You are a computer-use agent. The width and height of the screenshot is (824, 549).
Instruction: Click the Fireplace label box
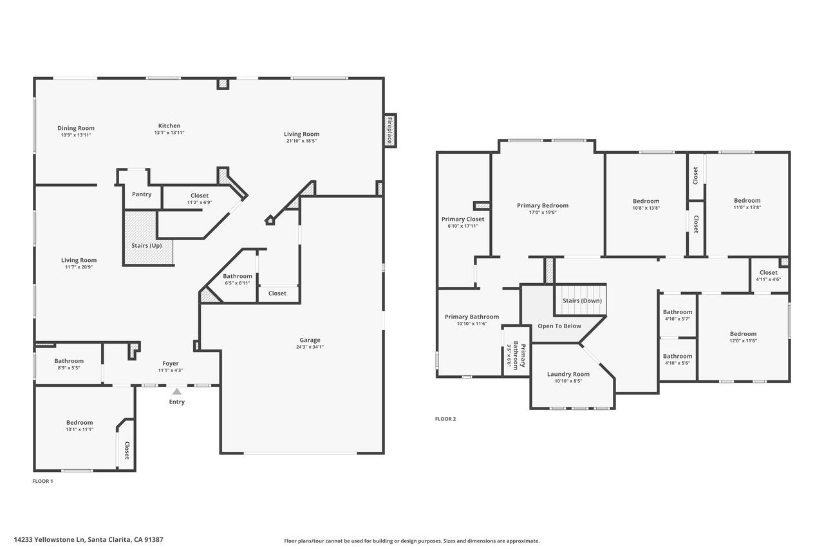[389, 130]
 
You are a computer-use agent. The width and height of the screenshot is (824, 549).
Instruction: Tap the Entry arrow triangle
[177, 391]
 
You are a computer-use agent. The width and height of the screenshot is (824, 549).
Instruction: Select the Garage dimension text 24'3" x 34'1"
[310, 347]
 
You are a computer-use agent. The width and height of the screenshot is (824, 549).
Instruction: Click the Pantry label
[142, 194]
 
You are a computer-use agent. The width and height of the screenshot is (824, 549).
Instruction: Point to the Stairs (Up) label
[147, 246]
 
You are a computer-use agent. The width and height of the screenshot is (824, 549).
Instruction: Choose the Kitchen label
[169, 126]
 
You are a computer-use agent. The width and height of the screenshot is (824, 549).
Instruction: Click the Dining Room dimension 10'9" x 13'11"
[76, 135]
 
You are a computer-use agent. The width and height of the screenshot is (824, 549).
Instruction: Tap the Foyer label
[171, 364]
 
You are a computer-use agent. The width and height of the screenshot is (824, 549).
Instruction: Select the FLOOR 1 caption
[42, 481]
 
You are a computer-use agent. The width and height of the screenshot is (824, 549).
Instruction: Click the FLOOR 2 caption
[445, 419]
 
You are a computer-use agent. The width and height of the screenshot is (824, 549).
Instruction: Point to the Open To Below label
[559, 326]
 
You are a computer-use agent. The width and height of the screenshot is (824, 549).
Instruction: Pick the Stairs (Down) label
[583, 301]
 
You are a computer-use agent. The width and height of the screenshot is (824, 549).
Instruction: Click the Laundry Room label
[568, 375]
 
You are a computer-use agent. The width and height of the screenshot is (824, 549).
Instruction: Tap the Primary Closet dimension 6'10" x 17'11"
[463, 226]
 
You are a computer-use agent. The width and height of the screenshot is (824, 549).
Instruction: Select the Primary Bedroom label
[543, 205]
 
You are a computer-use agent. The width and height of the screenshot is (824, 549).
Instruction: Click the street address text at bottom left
[89, 540]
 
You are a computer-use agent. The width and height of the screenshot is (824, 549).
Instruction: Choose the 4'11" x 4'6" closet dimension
[769, 279]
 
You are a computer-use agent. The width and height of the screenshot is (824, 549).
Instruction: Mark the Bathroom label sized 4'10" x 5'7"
[678, 312]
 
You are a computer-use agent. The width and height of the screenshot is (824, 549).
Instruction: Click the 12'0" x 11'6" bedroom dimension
[744, 341]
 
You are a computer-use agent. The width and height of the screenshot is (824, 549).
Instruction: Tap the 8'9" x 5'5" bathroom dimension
[69, 368]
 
